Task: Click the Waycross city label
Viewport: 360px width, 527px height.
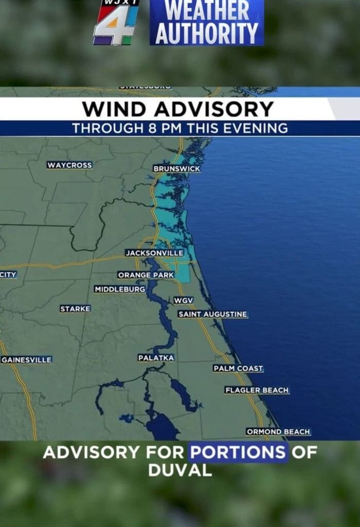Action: pyautogui.click(x=69, y=165)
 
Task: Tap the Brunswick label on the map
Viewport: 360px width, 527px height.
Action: pyautogui.click(x=176, y=169)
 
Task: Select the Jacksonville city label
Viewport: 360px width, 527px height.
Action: pyautogui.click(x=154, y=253)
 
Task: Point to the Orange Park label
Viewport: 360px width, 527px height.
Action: pyautogui.click(x=146, y=275)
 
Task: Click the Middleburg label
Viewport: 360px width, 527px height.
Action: pyautogui.click(x=120, y=290)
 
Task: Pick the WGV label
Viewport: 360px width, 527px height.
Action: pyautogui.click(x=184, y=300)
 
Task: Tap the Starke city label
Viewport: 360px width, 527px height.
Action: pyautogui.click(x=75, y=309)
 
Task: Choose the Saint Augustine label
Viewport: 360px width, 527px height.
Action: pyautogui.click(x=213, y=314)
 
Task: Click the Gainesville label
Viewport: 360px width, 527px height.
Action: pyautogui.click(x=27, y=360)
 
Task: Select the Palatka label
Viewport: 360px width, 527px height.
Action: pyautogui.click(x=156, y=358)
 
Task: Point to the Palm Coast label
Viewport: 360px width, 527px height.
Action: pyautogui.click(x=238, y=368)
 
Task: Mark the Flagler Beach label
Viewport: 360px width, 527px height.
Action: pyautogui.click(x=257, y=391)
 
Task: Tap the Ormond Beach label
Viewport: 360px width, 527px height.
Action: pyautogui.click(x=278, y=432)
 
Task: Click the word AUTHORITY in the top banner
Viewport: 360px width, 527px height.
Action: pyautogui.click(x=207, y=34)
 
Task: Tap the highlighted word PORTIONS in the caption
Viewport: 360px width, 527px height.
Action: pyautogui.click(x=238, y=453)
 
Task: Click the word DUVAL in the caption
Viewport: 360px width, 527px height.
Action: pyautogui.click(x=180, y=470)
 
